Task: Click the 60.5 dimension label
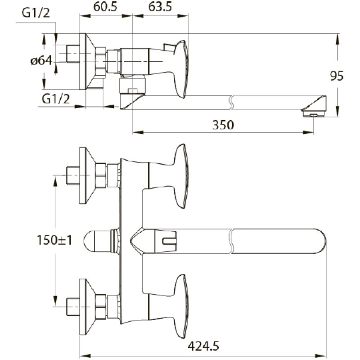(x=105, y=7)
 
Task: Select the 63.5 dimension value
(x=160, y=7)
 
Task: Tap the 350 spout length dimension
(x=223, y=125)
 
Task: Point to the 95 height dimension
(x=337, y=76)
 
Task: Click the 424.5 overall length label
(x=203, y=346)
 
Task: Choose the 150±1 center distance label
(x=54, y=240)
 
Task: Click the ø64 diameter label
(x=41, y=61)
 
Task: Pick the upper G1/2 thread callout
(x=36, y=13)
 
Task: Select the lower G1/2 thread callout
(x=56, y=99)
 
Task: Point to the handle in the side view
(x=182, y=69)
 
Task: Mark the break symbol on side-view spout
(x=231, y=103)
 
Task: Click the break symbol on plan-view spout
(x=231, y=241)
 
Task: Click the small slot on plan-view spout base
(x=169, y=241)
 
